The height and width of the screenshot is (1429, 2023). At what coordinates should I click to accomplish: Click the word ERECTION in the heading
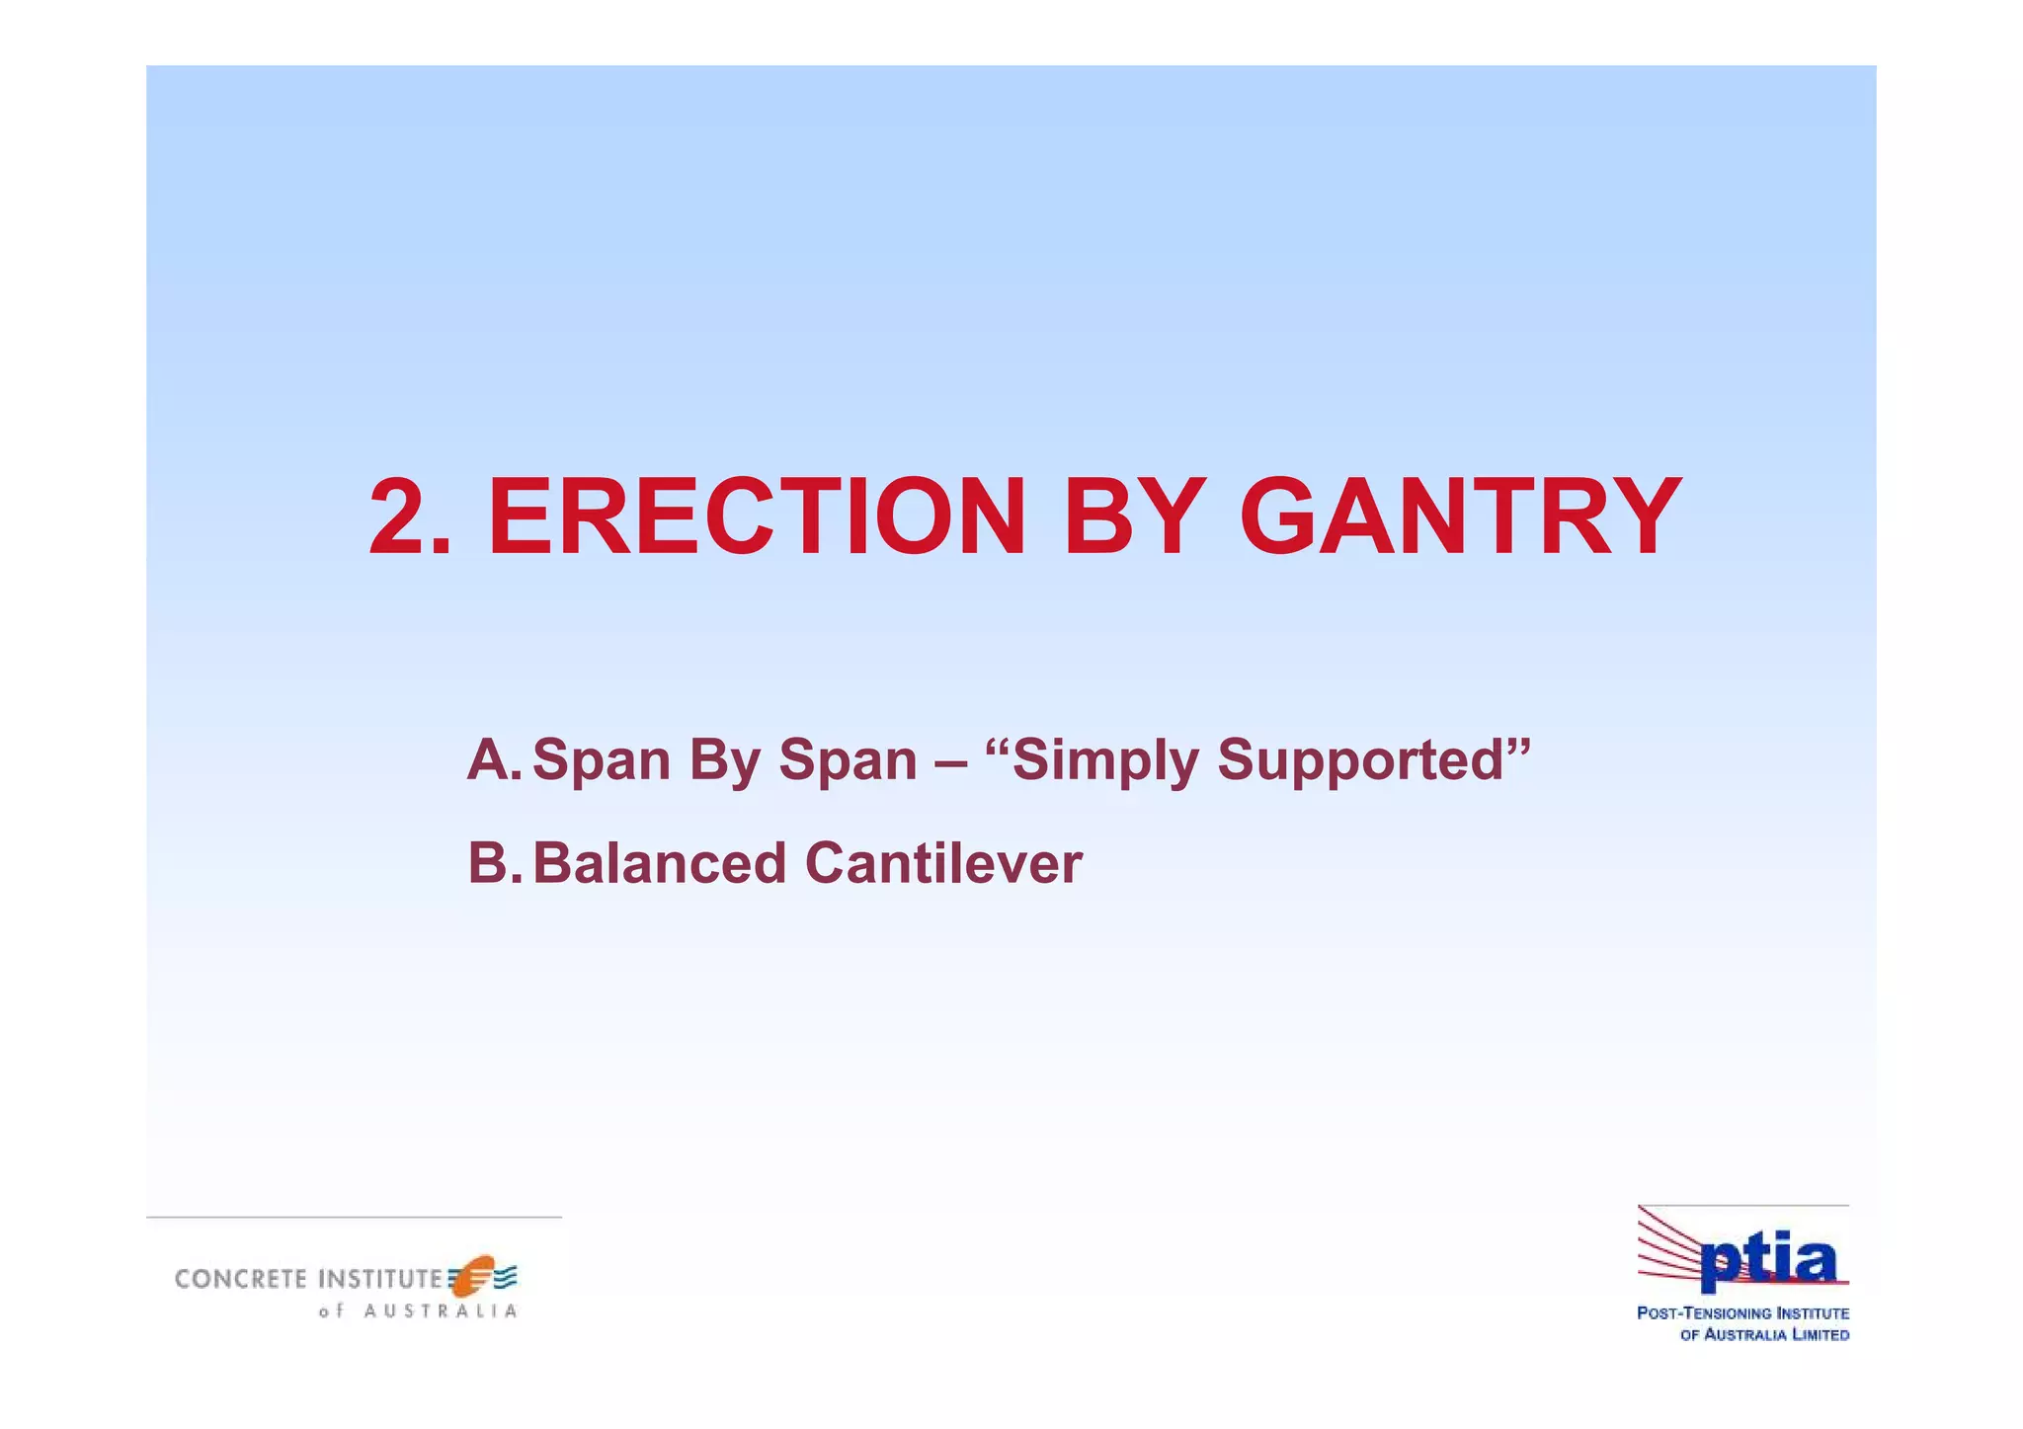coord(757,517)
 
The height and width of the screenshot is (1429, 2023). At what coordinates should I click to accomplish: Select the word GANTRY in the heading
coord(1460,517)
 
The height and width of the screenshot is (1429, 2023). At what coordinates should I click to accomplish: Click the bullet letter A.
coord(491,760)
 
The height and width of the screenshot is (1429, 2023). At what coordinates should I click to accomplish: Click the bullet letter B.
coord(491,863)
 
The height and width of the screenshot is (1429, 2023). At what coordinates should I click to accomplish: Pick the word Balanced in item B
coord(658,863)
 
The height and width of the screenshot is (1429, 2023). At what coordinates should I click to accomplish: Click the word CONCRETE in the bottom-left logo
coord(241,1280)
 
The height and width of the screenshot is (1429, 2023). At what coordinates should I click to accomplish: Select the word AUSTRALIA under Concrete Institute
coord(440,1312)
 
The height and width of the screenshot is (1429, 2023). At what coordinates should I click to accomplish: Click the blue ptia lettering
coord(1768,1263)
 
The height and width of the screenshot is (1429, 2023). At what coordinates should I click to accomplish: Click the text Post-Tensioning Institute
coord(1742,1313)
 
